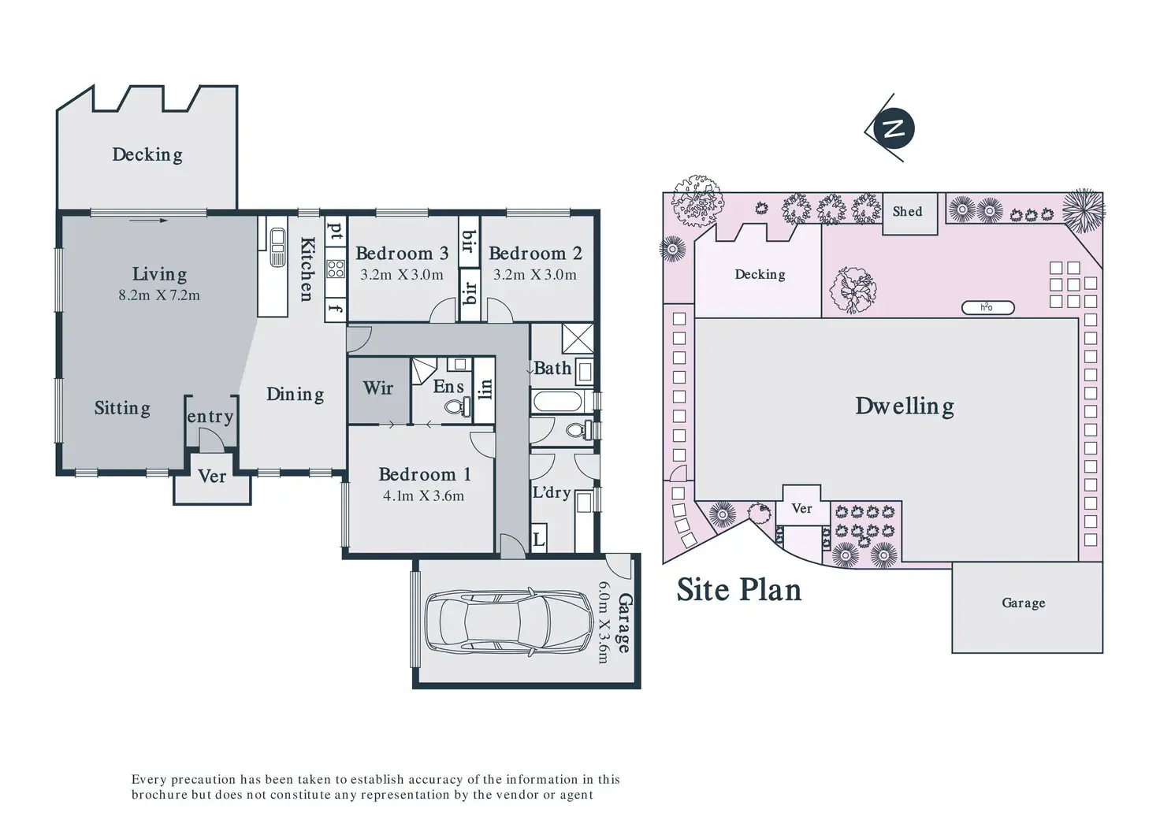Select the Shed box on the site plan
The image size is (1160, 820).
[910, 213]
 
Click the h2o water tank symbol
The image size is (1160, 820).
[987, 307]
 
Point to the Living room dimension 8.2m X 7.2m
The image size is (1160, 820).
[159, 295]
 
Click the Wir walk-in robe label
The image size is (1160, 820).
[378, 388]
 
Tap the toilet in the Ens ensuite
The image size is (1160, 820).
[459, 406]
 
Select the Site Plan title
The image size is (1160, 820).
[739, 589]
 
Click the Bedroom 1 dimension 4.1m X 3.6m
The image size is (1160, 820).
[424, 495]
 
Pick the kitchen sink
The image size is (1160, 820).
[278, 247]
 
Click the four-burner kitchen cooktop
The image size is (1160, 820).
[336, 269]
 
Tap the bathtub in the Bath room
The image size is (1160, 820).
[556, 401]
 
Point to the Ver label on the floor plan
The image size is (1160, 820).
[212, 477]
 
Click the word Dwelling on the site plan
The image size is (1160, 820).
[904, 406]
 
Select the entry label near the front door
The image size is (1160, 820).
[210, 417]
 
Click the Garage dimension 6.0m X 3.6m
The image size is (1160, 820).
[604, 621]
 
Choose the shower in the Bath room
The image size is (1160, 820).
[578, 338]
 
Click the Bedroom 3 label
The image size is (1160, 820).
[402, 253]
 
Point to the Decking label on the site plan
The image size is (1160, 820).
[760, 274]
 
